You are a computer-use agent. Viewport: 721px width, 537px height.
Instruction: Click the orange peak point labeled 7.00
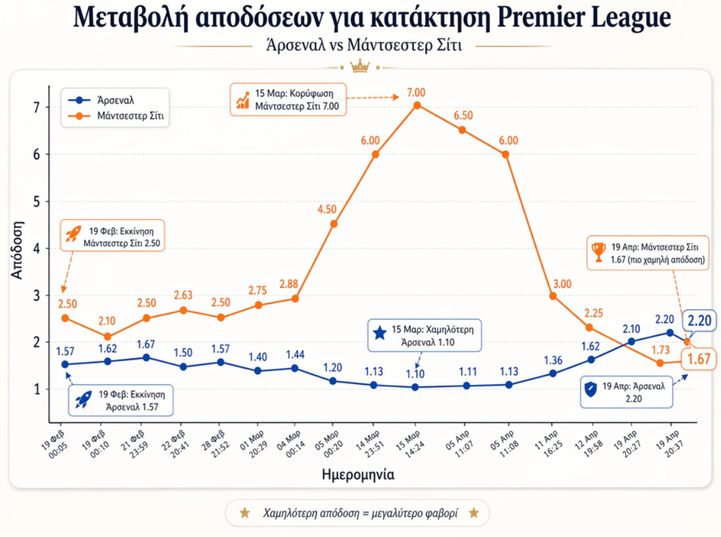[x=417, y=105]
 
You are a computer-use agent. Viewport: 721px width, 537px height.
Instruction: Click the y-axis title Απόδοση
[x=17, y=249]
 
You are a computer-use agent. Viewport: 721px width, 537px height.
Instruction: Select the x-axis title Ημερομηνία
[x=358, y=474]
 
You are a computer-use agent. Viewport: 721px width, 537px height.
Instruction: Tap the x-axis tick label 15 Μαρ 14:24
[x=411, y=442]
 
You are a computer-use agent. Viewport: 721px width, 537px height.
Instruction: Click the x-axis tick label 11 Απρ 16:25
[x=547, y=442]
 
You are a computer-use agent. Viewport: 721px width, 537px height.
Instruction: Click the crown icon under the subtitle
[x=358, y=65]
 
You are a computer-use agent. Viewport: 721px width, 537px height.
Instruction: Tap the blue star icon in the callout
[x=380, y=333]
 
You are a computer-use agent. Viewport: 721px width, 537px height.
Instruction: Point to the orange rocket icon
[x=72, y=235]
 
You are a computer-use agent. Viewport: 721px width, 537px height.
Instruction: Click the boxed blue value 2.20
[x=698, y=320]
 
